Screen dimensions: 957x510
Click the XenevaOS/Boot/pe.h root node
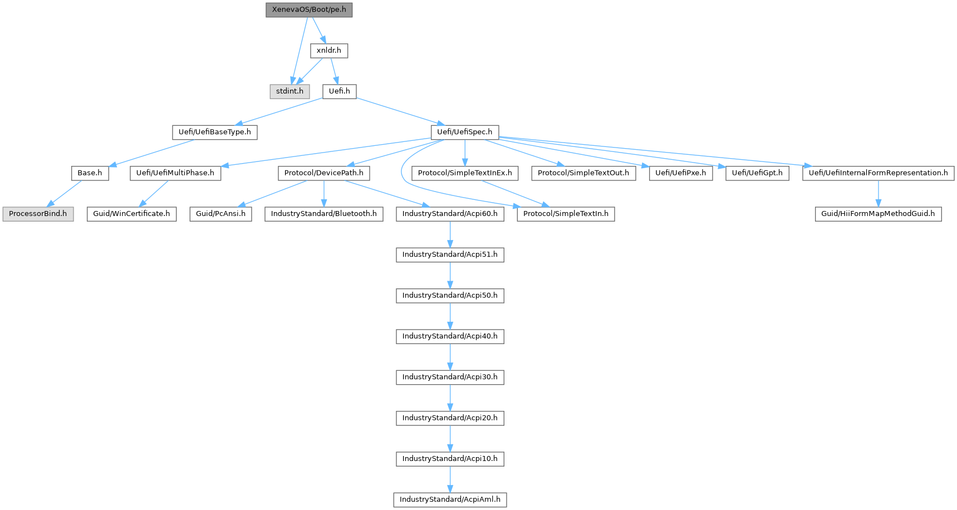point(309,10)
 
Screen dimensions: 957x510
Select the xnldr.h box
point(329,51)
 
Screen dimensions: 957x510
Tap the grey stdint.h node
point(289,91)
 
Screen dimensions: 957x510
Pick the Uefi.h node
point(339,91)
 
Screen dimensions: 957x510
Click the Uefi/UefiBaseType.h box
point(215,133)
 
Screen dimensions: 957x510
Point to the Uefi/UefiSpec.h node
point(465,133)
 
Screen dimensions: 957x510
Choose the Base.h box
point(90,173)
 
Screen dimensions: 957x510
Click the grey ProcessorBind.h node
point(38,214)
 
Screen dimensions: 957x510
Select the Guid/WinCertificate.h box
point(131,214)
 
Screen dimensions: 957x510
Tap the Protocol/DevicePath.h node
point(324,173)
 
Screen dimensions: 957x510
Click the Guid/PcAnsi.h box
point(220,214)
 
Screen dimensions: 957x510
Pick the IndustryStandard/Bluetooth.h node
point(324,214)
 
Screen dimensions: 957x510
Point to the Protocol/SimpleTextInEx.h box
point(465,173)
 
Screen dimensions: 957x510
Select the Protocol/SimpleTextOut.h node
point(583,173)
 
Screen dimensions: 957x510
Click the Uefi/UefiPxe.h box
point(681,173)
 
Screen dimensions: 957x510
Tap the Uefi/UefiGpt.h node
point(757,173)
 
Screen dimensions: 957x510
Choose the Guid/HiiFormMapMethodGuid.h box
point(879,214)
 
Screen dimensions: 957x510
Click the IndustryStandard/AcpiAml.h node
point(450,499)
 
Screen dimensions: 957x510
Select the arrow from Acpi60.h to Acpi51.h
point(450,234)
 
